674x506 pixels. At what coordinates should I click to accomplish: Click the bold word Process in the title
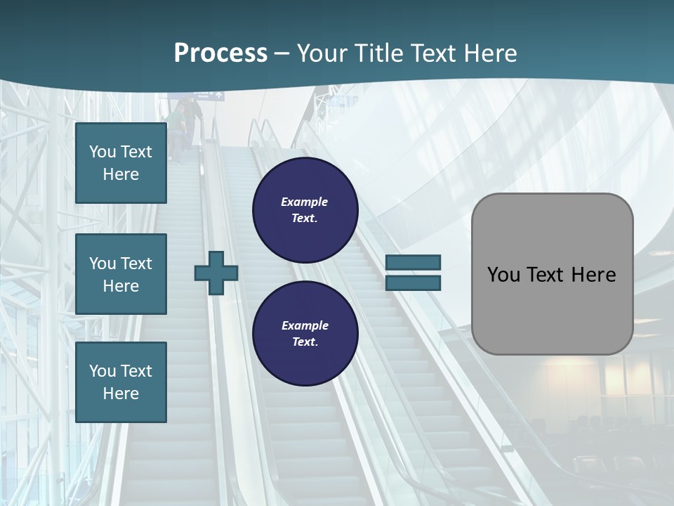(220, 53)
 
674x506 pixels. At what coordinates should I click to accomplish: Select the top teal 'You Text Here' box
(121, 163)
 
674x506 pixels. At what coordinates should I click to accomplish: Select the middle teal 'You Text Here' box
(121, 274)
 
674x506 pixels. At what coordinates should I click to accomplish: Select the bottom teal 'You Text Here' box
(121, 382)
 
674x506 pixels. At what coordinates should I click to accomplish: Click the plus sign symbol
(216, 273)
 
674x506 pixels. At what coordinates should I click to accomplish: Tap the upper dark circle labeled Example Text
(305, 210)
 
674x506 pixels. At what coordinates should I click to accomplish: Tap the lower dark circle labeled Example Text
(305, 333)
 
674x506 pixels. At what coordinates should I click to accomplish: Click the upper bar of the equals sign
(413, 263)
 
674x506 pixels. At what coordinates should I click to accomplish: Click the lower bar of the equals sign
(413, 283)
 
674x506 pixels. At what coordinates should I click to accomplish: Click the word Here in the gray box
(593, 275)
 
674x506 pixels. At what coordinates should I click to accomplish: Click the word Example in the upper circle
(305, 202)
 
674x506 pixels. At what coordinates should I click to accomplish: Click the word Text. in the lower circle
(305, 342)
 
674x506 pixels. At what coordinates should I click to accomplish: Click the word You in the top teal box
(103, 152)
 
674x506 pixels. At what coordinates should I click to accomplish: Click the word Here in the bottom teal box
(121, 394)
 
